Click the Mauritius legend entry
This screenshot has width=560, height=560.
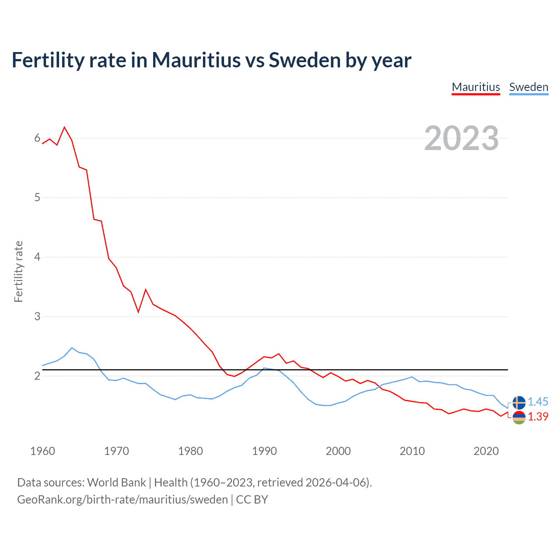476,87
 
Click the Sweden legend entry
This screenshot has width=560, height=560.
528,87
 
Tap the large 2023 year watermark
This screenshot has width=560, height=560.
461,138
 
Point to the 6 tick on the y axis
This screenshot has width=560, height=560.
37,138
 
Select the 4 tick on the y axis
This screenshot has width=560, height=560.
37,257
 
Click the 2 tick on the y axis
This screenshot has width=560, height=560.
37,376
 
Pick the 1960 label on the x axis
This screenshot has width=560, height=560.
42,451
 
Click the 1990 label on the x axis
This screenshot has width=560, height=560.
264,451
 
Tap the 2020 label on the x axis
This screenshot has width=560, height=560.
486,451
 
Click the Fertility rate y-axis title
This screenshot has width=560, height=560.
18,271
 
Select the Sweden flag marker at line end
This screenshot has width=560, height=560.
519,402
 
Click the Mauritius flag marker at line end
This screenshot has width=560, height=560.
519,417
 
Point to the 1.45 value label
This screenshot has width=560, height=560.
538,402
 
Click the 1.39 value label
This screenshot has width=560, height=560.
538,416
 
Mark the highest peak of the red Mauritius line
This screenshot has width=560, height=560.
64,127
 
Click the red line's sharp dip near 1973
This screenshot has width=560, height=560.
138,312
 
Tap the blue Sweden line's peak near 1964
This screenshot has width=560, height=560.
72,348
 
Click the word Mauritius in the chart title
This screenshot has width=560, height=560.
196,60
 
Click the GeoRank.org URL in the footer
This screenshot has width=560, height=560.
122,500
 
